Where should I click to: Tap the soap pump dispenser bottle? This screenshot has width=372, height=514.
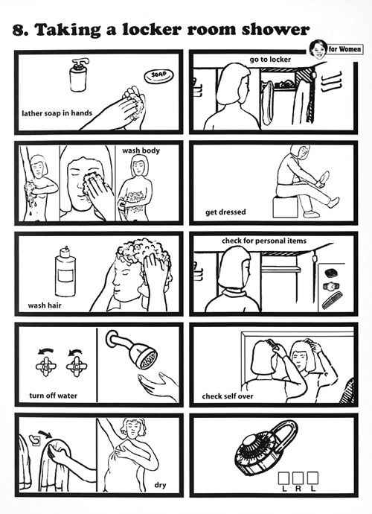click(79, 75)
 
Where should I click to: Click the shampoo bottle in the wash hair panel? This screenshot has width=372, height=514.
click(65, 271)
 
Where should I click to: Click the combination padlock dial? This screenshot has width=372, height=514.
click(254, 451)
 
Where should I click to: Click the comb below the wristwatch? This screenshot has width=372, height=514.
click(332, 300)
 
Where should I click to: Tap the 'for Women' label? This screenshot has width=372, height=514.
click(345, 49)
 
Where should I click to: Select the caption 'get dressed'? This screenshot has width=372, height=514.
click(225, 212)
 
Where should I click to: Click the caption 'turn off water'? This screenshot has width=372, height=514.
click(54, 396)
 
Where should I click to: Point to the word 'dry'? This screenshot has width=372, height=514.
click(160, 485)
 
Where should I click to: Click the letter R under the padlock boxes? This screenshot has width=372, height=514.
click(298, 489)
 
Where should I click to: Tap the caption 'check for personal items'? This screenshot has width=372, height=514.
click(264, 241)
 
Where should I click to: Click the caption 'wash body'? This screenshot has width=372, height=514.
click(141, 150)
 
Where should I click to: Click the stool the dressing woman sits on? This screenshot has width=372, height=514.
click(285, 206)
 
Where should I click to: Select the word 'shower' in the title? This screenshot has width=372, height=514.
click(275, 30)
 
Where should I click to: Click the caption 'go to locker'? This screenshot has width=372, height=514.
click(270, 60)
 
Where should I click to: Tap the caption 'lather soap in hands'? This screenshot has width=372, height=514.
click(57, 113)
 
